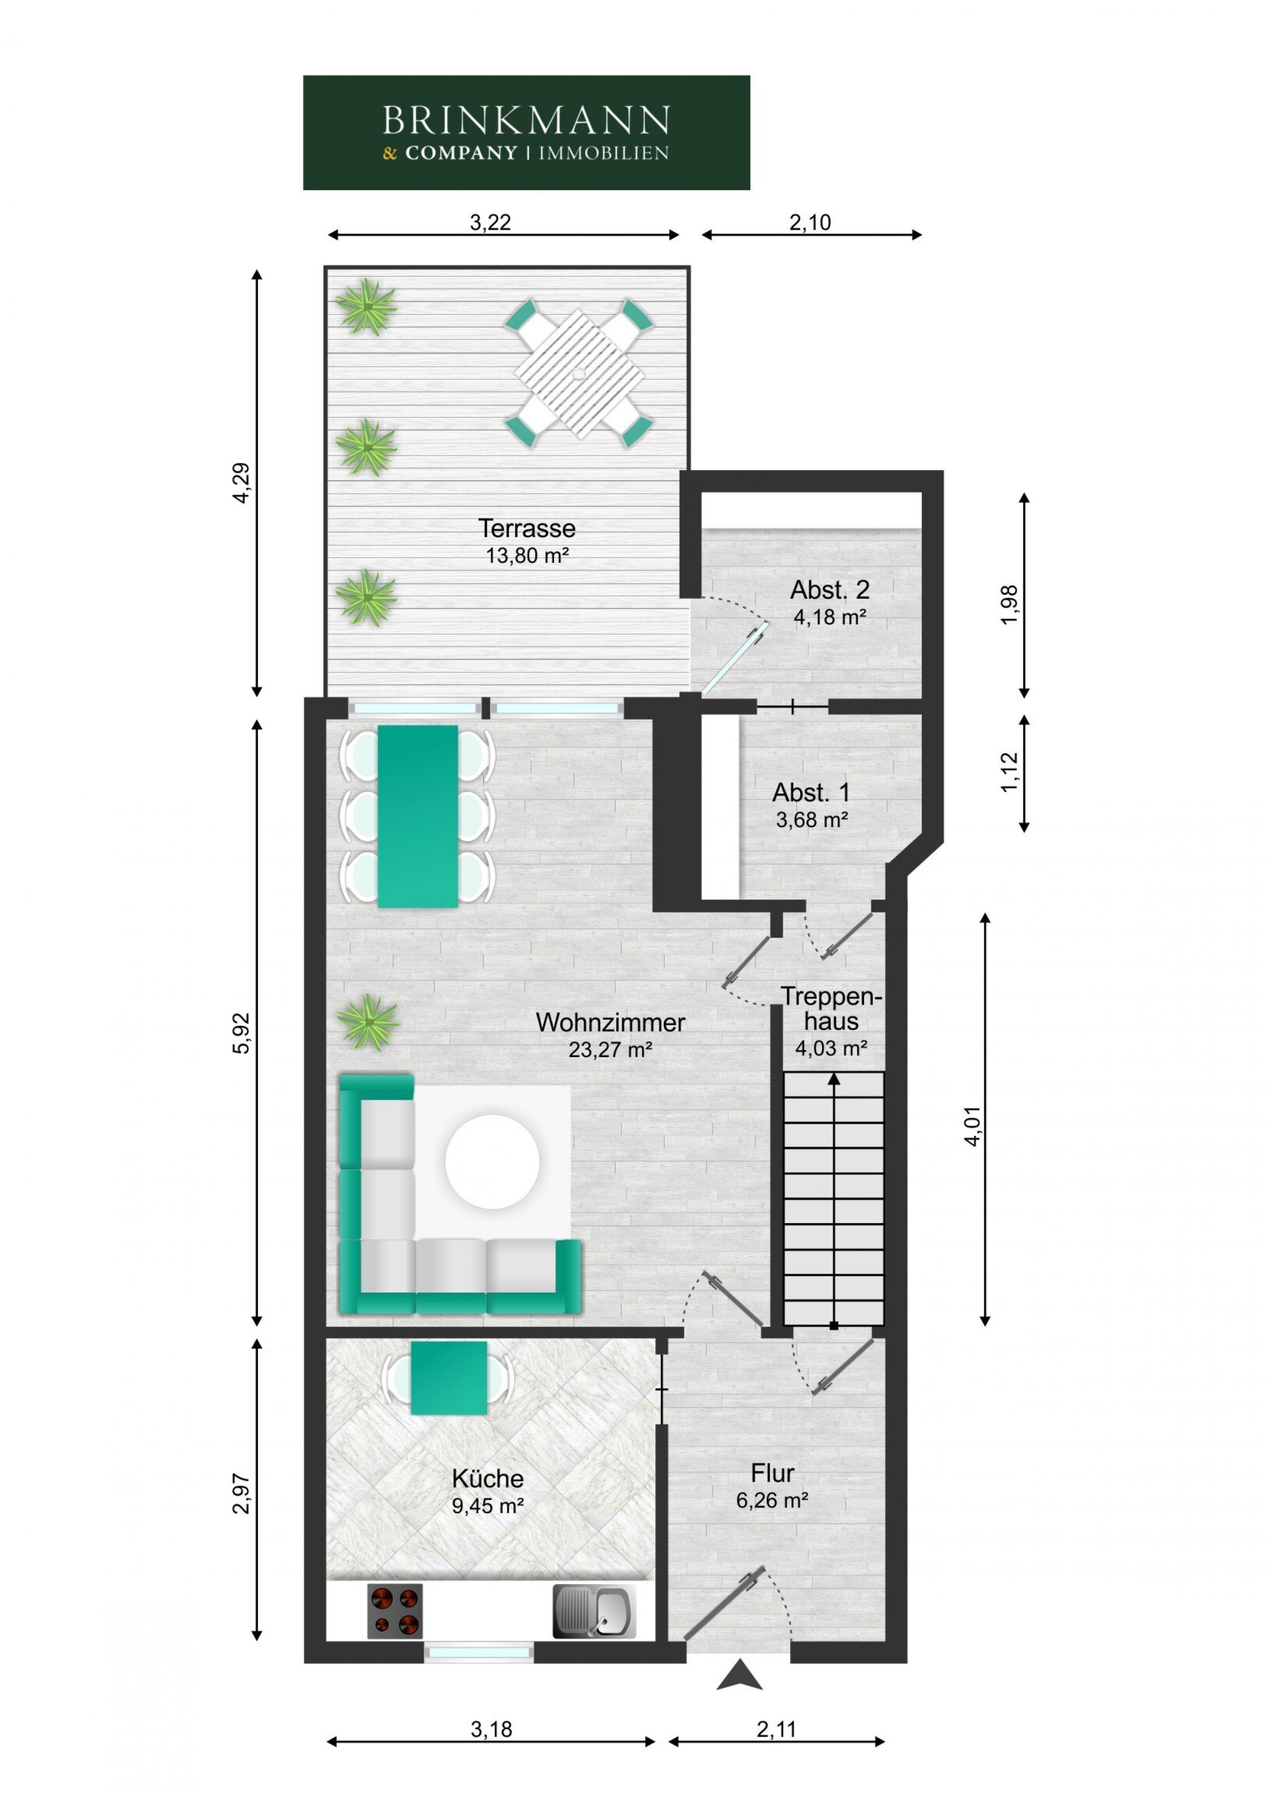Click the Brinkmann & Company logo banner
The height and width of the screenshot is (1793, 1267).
click(x=526, y=133)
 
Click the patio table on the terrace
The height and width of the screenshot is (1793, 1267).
click(x=578, y=373)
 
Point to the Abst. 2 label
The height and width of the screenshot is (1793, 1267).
click(x=829, y=590)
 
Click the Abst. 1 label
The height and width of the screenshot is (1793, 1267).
click(x=810, y=793)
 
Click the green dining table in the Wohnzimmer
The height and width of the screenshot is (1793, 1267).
click(x=418, y=816)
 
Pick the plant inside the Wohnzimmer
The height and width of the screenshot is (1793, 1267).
click(x=367, y=1021)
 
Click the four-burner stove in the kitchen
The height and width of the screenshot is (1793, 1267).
click(x=394, y=1611)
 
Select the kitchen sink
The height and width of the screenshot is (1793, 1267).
click(x=593, y=1610)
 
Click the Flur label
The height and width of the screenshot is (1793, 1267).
click(x=772, y=1473)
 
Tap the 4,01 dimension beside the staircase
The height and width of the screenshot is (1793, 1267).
click(x=972, y=1125)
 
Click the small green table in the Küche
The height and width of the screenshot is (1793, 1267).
click(x=449, y=1378)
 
